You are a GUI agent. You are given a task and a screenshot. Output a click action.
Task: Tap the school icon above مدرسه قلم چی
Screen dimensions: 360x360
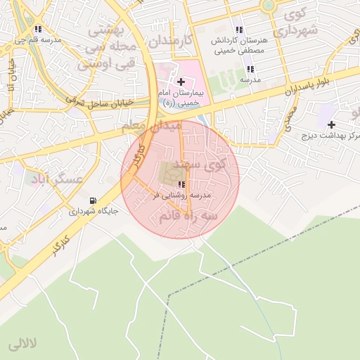click(37, 30)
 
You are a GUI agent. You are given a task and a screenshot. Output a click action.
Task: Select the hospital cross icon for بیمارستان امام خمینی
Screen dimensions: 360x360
click(181, 82)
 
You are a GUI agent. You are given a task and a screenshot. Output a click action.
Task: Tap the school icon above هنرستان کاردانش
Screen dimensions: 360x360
click(240, 30)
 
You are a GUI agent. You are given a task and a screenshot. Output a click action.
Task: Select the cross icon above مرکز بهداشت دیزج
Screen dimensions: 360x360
click(331, 124)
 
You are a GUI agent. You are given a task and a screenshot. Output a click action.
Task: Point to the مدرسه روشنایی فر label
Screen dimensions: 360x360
click(173, 195)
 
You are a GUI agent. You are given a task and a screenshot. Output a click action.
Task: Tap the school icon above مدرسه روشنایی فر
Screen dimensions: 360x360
click(172, 184)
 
